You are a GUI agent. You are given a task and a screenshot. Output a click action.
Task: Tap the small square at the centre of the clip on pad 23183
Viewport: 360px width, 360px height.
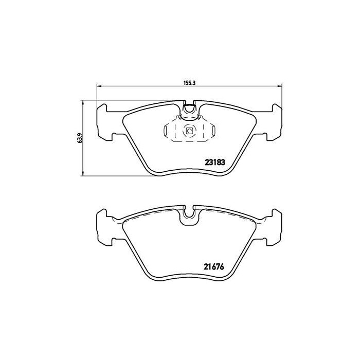(189, 132)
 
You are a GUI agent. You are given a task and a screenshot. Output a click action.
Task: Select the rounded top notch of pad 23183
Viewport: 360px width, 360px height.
(189, 108)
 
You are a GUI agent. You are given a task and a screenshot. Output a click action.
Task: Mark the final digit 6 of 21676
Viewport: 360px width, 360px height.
(224, 267)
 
